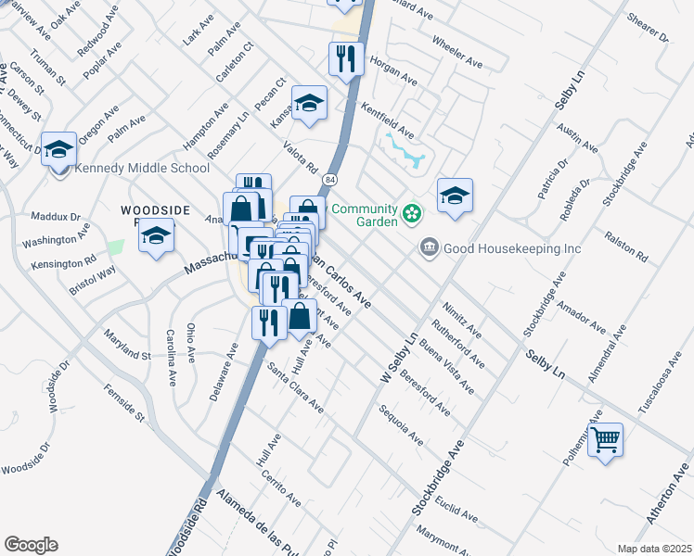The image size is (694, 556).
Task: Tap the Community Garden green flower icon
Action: click(413, 216)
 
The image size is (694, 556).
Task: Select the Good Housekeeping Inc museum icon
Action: click(429, 247)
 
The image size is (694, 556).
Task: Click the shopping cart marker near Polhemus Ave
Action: click(605, 439)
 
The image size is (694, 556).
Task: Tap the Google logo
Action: click(31, 545)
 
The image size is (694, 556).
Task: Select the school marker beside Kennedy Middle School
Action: click(58, 147)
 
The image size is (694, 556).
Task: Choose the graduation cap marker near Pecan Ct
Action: click(309, 103)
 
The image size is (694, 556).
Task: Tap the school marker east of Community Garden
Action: click(455, 196)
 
